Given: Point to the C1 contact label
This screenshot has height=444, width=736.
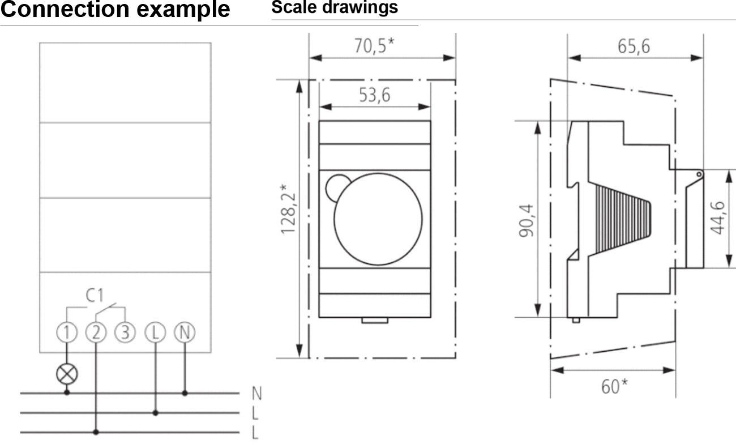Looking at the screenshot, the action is (95, 296).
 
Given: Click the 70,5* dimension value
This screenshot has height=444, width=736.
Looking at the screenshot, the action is (374, 46).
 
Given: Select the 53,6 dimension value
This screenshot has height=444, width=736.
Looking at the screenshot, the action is (375, 95).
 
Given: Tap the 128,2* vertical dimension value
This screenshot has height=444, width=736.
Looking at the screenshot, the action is (288, 210).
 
